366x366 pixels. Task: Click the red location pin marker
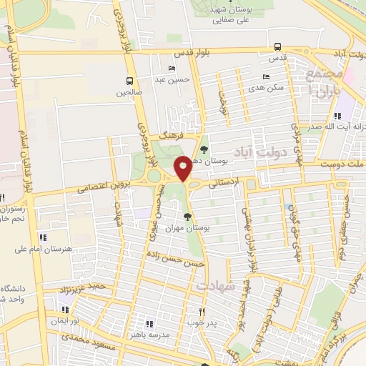[183, 169]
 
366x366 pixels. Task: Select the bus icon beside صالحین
[129, 81]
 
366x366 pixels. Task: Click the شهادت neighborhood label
[219, 286]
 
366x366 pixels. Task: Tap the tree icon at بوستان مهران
[187, 216]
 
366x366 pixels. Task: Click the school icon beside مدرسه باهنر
[150, 324]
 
